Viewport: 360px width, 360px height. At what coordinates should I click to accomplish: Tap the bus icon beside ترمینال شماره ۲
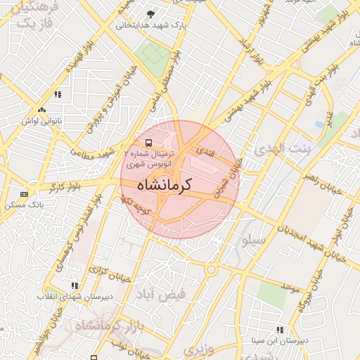[x=138, y=141]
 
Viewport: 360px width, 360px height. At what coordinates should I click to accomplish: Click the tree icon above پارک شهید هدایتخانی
[x=149, y=13]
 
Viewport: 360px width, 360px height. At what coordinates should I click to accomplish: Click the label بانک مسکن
[x=25, y=205]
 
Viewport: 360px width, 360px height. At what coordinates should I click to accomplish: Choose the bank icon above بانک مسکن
[x=25, y=194]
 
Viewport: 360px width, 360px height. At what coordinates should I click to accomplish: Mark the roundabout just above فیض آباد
[x=210, y=269]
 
